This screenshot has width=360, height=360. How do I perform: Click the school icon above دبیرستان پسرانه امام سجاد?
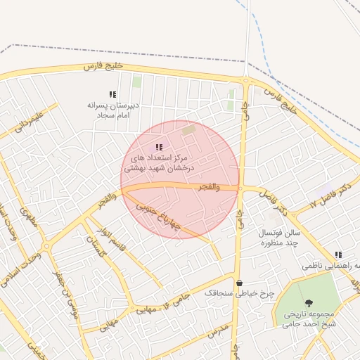click(112, 94)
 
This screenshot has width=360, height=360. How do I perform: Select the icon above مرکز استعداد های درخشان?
click(159, 147)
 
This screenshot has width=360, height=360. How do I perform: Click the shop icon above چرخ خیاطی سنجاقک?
click(239, 283)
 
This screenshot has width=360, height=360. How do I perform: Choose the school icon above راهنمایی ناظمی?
click(339, 255)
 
